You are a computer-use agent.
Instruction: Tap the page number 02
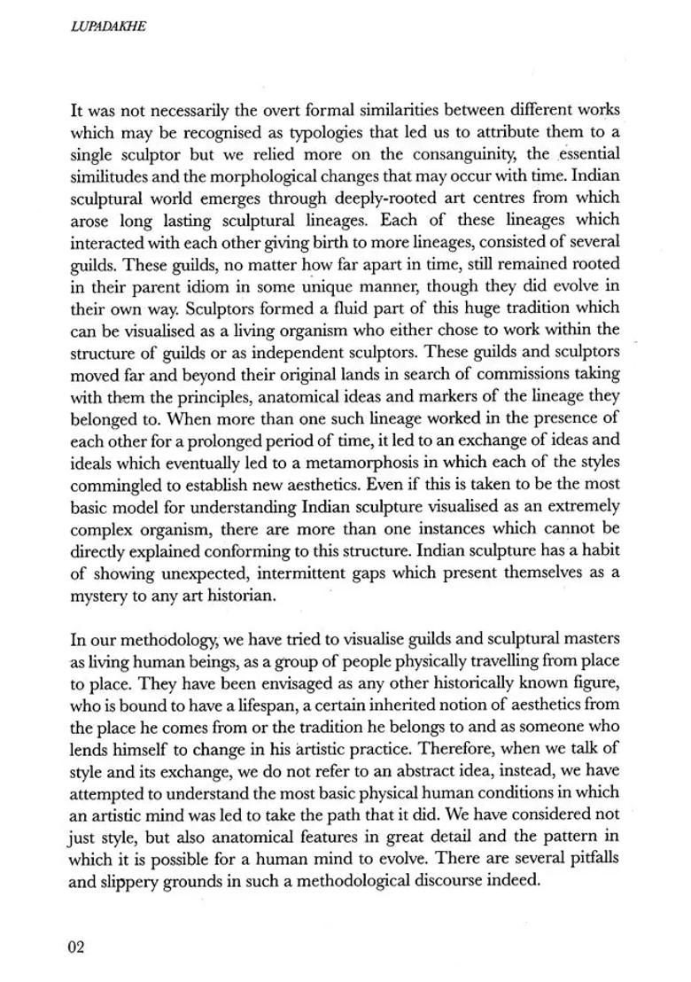click(76, 947)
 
